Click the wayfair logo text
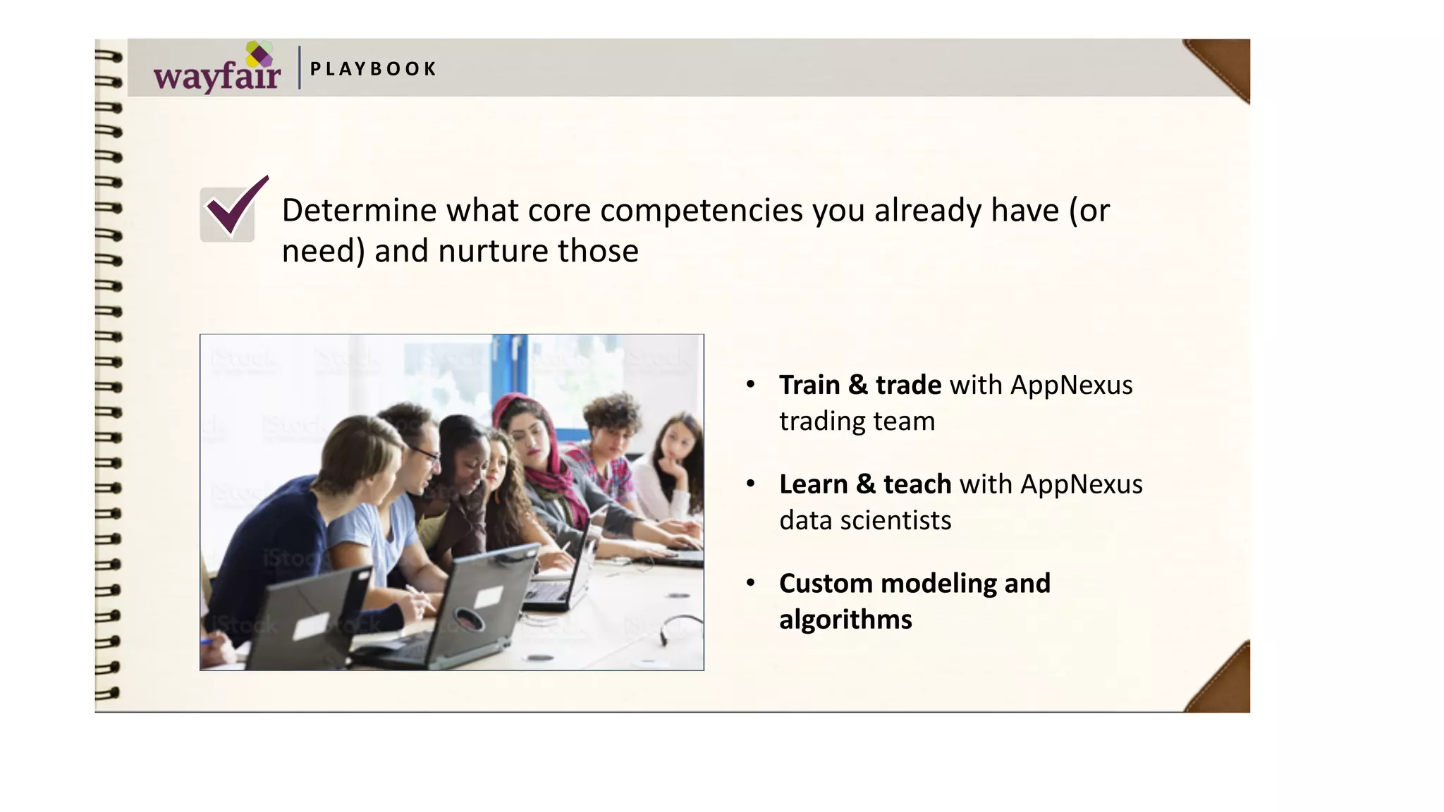click(x=216, y=76)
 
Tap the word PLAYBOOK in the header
click(x=373, y=69)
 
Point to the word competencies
click(x=701, y=211)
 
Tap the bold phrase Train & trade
click(x=859, y=386)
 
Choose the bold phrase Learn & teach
click(x=864, y=485)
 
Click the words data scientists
click(x=865, y=521)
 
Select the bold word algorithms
click(x=845, y=620)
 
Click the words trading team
click(x=857, y=422)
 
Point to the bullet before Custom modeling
click(x=751, y=583)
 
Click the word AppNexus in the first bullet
click(x=1071, y=386)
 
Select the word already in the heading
click(x=927, y=211)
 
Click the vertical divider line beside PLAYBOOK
click(x=300, y=68)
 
